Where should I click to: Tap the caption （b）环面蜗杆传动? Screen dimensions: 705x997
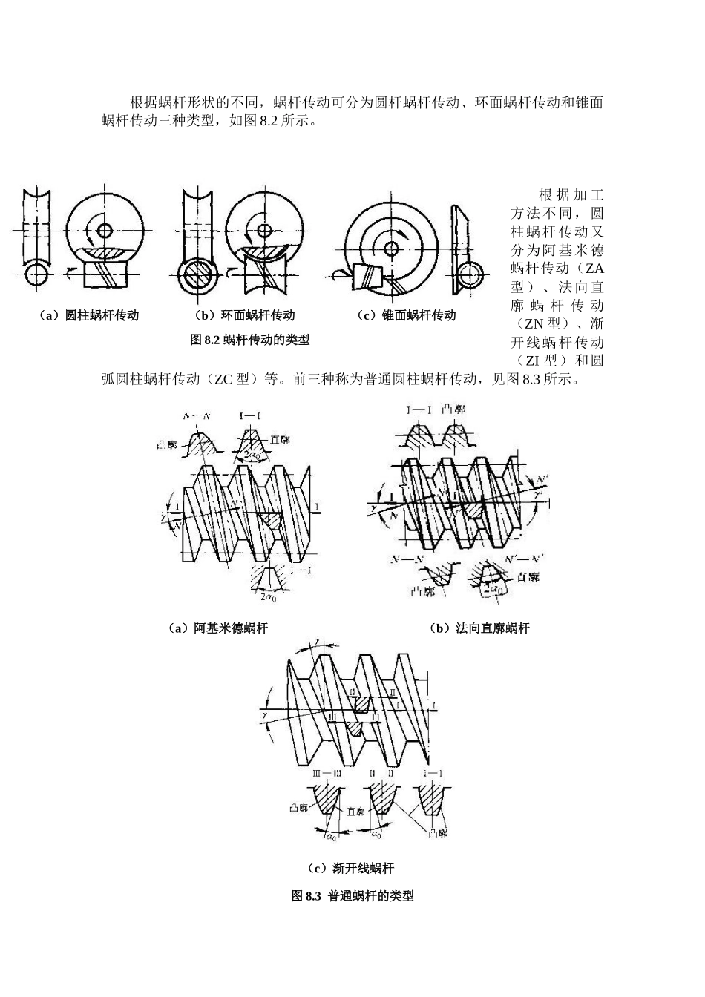click(x=243, y=315)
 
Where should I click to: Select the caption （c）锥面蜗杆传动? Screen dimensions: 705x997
click(x=406, y=315)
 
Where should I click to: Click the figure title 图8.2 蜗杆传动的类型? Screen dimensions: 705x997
click(x=250, y=340)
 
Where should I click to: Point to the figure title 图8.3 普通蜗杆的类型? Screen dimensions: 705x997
click(x=352, y=896)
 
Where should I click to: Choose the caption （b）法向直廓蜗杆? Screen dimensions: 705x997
click(x=479, y=628)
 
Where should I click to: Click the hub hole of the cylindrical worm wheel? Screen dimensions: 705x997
click(x=105, y=230)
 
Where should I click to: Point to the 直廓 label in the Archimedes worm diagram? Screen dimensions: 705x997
click(x=279, y=440)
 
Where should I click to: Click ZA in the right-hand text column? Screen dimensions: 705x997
click(x=594, y=268)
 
